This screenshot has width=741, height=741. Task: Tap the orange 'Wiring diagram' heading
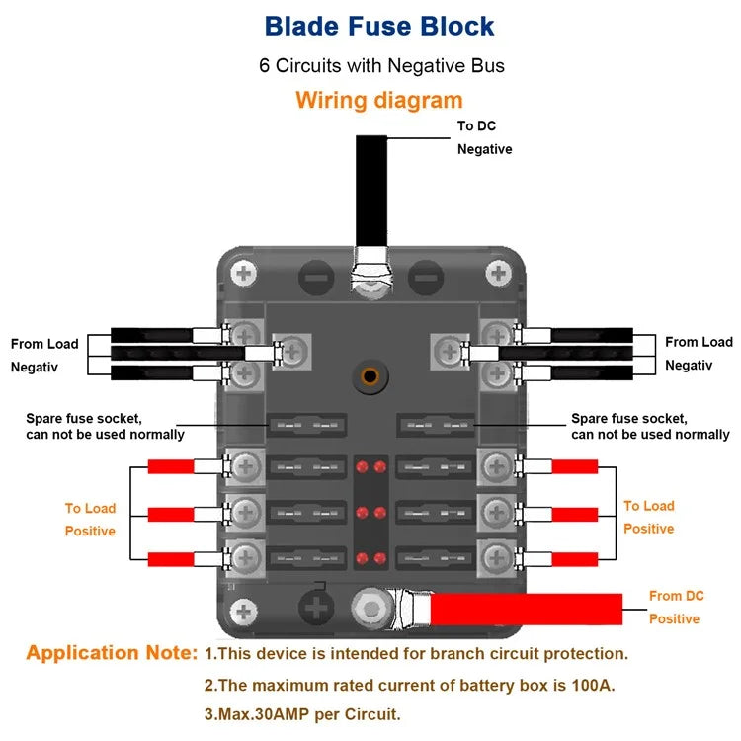point(378,100)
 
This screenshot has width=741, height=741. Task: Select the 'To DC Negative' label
point(484,137)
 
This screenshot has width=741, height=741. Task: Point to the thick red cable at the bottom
point(524,609)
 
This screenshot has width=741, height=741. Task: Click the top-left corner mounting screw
point(243,273)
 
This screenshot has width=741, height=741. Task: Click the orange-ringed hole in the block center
point(370,376)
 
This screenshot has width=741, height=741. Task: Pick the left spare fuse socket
point(307,426)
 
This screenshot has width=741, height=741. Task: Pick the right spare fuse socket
point(436,426)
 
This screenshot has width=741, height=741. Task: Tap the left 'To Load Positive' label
point(90,520)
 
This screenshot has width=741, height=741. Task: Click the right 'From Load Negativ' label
point(698,353)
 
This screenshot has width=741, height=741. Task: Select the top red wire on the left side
point(170,466)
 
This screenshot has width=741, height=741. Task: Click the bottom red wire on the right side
point(574,558)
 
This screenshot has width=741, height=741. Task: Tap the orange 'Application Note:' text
point(112,653)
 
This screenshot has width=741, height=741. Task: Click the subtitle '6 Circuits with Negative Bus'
point(381,66)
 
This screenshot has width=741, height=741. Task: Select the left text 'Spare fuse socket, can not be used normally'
point(104,426)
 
